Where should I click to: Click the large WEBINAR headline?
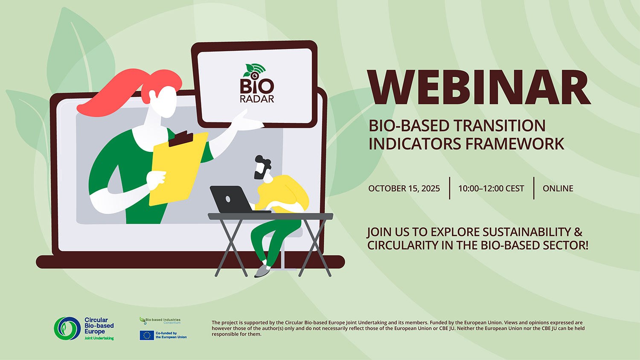point(479,88)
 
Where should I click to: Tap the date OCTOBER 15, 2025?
point(404,189)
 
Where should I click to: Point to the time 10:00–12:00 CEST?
point(491,189)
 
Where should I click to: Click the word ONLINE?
point(558,189)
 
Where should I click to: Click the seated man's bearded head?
point(262,168)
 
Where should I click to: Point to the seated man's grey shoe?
point(262,271)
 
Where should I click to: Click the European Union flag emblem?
point(147,335)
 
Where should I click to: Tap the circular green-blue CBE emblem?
point(67,328)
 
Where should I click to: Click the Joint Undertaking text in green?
point(99,338)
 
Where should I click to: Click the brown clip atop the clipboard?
point(181,138)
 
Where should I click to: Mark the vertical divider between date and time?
point(449,188)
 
